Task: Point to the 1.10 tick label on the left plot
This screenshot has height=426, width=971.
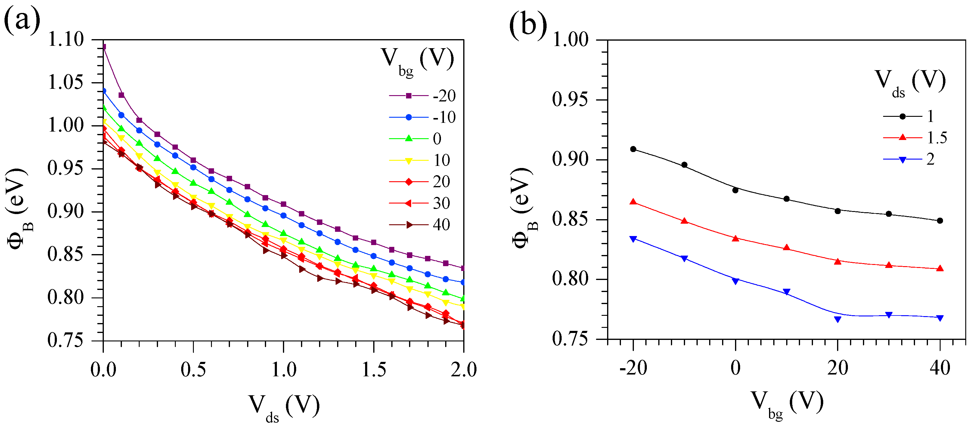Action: (x=66, y=39)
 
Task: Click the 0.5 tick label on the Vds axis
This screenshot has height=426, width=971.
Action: (x=193, y=370)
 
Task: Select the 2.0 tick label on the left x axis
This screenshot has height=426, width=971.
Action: (x=464, y=370)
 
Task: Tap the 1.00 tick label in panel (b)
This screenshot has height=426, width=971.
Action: (x=570, y=39)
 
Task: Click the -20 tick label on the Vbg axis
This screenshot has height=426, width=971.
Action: (x=633, y=368)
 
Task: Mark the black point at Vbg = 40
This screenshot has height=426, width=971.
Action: (x=940, y=221)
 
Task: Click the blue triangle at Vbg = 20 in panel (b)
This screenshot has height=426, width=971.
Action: (x=838, y=319)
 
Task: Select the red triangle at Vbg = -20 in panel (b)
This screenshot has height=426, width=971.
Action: (x=633, y=202)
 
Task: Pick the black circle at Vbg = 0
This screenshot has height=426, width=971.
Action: (x=735, y=190)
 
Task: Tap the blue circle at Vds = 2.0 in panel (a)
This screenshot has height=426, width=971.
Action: (x=463, y=282)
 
